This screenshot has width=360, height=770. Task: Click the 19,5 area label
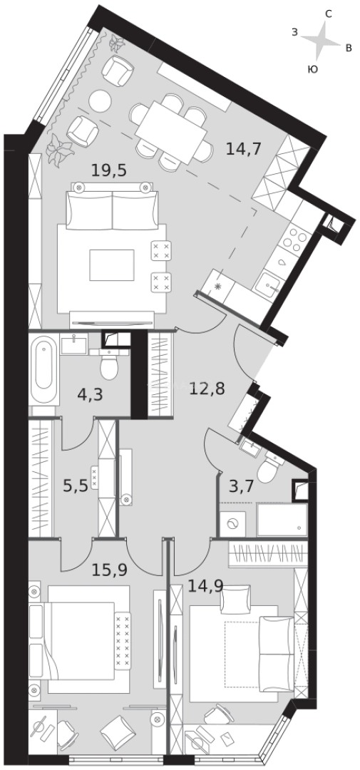(x=109, y=170)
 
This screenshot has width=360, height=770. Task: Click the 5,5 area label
(x=76, y=486)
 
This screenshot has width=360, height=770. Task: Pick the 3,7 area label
(x=242, y=487)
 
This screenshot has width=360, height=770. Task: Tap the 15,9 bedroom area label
(x=110, y=570)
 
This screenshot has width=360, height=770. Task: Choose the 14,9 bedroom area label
(x=205, y=587)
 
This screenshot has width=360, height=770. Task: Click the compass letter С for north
(x=329, y=14)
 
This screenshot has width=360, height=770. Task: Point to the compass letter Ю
(x=312, y=70)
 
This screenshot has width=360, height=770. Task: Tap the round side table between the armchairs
(x=101, y=101)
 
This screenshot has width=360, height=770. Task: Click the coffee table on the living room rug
(x=111, y=265)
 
